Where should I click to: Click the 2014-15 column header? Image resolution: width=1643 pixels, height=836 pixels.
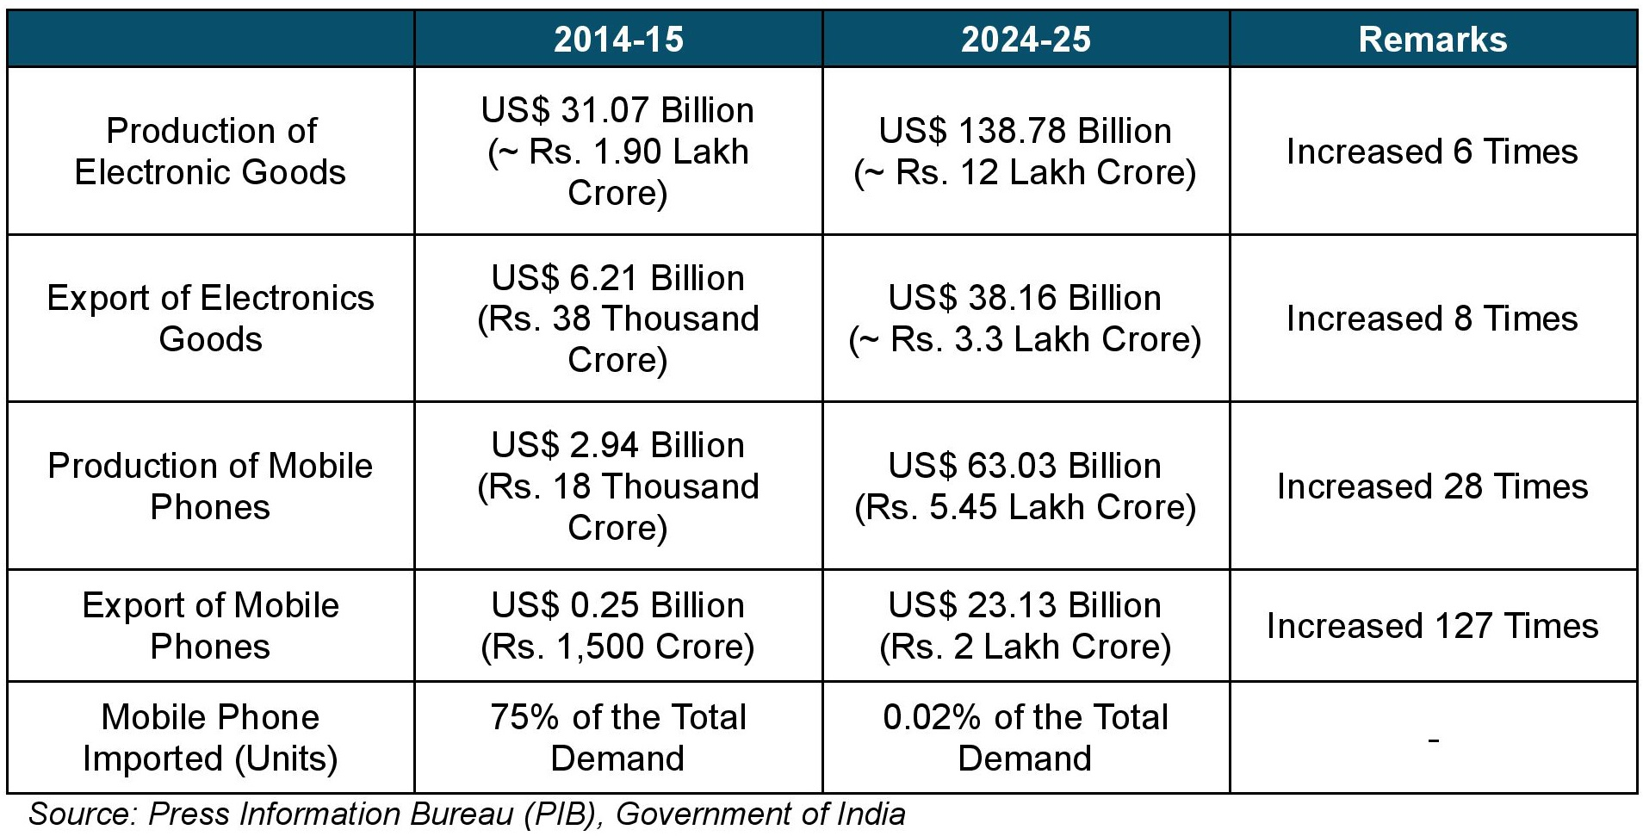618,40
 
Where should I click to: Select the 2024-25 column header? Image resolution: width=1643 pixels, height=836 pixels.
1026,40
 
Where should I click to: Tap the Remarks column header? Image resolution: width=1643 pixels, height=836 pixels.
1433,40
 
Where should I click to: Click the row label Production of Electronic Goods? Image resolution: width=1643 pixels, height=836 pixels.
210,152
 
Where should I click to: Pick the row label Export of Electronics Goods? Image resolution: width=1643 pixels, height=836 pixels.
210,319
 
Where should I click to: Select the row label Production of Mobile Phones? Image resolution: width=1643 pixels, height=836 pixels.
210,486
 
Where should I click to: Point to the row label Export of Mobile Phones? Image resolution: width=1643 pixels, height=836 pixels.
210,626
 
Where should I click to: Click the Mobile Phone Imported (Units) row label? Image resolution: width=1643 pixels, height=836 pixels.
210,738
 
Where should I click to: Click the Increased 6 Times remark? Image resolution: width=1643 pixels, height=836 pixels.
1433,152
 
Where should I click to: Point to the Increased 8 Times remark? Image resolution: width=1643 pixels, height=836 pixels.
1433,319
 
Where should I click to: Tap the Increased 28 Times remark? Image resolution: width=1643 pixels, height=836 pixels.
1433,486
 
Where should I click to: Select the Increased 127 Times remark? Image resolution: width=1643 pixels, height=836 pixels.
1433,626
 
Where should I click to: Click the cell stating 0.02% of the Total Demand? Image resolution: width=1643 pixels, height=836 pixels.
1026,738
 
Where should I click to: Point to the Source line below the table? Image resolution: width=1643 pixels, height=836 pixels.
467,814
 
